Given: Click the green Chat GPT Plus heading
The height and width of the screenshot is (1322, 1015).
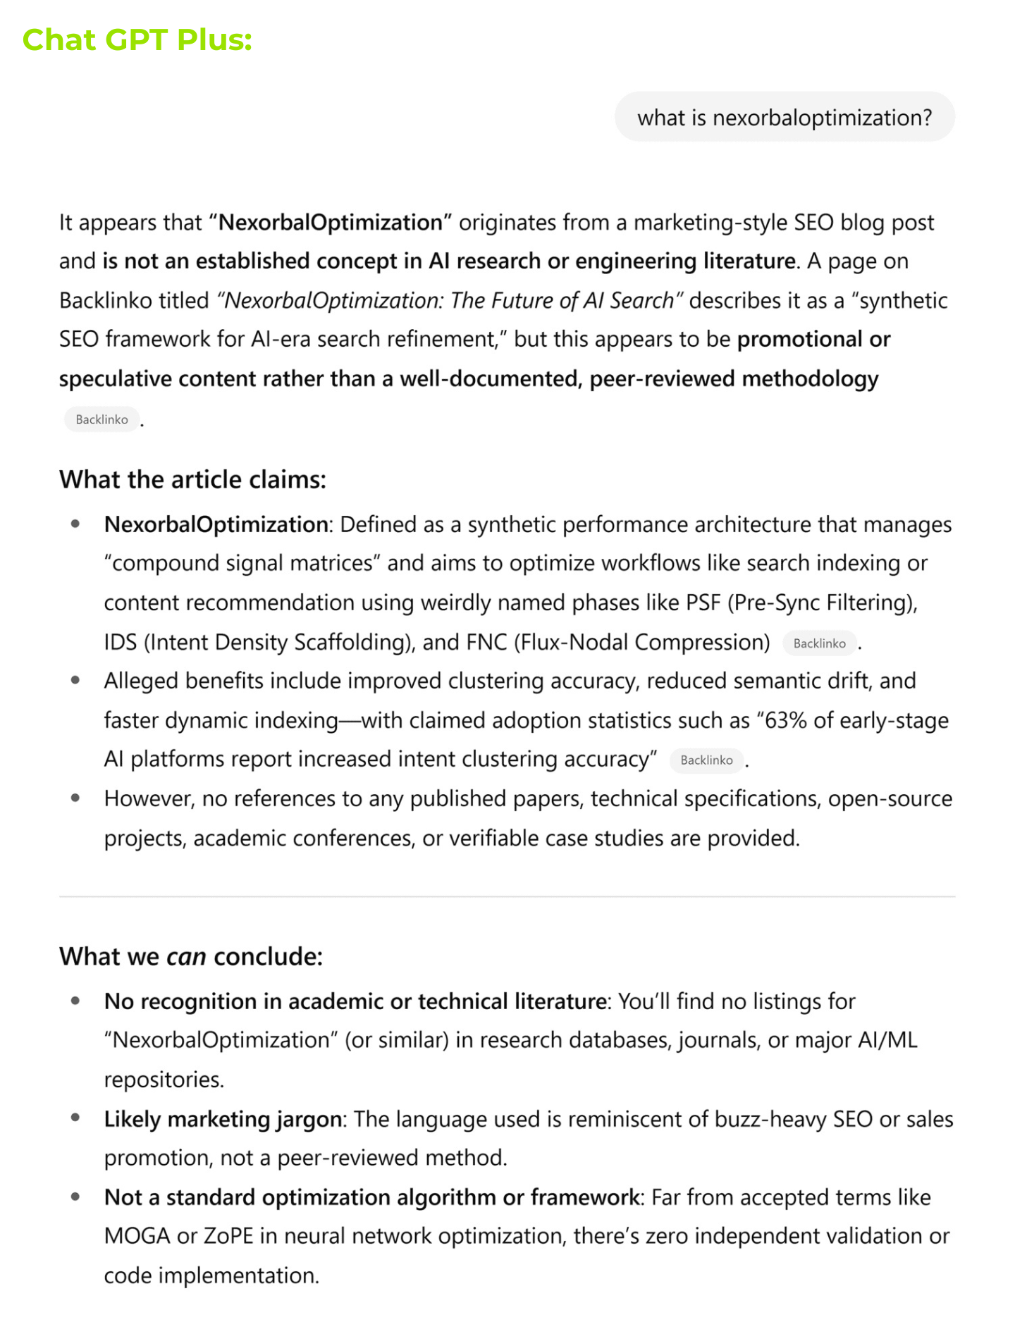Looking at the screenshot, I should click(137, 40).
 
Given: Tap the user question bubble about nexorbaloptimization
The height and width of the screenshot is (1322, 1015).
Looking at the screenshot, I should click(784, 117).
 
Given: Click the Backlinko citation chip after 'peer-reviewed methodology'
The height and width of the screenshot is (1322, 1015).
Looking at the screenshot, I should click(101, 419).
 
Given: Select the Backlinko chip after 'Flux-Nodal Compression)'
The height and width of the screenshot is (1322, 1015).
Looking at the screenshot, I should click(819, 643).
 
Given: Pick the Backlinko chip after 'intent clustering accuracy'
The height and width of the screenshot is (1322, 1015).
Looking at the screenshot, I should click(706, 760).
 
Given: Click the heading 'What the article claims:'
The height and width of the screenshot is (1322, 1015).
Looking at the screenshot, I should click(192, 480).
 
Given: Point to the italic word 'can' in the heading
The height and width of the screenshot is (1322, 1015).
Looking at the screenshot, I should click(186, 957).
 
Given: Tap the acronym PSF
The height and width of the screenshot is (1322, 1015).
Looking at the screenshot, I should click(703, 603).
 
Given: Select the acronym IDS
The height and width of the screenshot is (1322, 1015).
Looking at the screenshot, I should click(120, 643).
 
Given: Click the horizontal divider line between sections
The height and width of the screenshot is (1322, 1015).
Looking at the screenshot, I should click(507, 896).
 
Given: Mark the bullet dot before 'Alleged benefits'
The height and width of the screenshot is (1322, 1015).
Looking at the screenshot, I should click(75, 681).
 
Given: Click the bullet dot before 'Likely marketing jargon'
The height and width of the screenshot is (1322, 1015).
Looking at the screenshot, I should click(75, 1118).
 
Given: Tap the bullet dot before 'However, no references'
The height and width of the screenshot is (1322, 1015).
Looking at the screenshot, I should click(75, 798).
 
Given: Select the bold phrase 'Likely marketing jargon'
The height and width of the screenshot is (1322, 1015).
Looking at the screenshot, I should click(223, 1119).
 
